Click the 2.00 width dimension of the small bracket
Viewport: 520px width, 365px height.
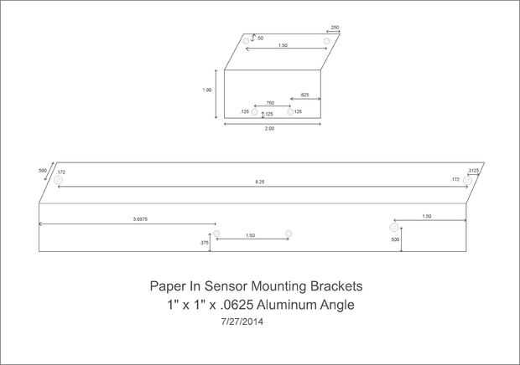[x=269, y=129]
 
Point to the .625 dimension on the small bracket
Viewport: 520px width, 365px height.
[x=305, y=95]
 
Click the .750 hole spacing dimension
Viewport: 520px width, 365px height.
[x=270, y=103]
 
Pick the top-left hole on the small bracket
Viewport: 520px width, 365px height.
[x=246, y=40]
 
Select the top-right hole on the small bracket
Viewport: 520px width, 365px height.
[x=326, y=40]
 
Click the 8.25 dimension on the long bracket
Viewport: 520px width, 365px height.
[x=261, y=182]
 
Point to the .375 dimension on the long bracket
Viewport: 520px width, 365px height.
[x=204, y=242]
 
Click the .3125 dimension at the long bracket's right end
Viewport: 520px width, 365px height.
[x=474, y=170]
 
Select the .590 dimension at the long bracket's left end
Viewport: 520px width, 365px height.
[x=43, y=170]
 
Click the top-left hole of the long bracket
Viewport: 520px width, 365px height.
[x=58, y=179]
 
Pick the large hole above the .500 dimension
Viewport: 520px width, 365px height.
[x=393, y=226]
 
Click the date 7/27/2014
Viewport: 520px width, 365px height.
[x=242, y=321]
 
